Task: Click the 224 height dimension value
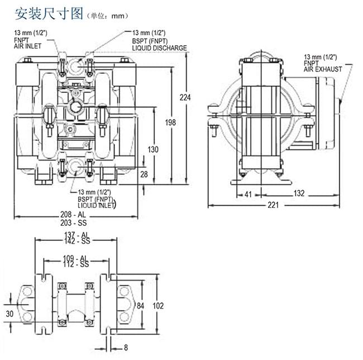pyautogui.click(x=185, y=98)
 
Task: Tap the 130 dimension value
pyautogui.click(x=153, y=149)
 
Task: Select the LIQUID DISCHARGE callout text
pyautogui.click(x=159, y=48)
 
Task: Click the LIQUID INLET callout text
pyautogui.click(x=97, y=205)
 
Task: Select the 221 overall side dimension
pyautogui.click(x=273, y=205)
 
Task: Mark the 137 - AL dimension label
pyautogui.click(x=77, y=234)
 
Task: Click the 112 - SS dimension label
pyautogui.click(x=77, y=264)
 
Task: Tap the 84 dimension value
pyautogui.click(x=141, y=305)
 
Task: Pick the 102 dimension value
pyautogui.click(x=158, y=305)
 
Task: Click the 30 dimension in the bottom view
pyautogui.click(x=9, y=314)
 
